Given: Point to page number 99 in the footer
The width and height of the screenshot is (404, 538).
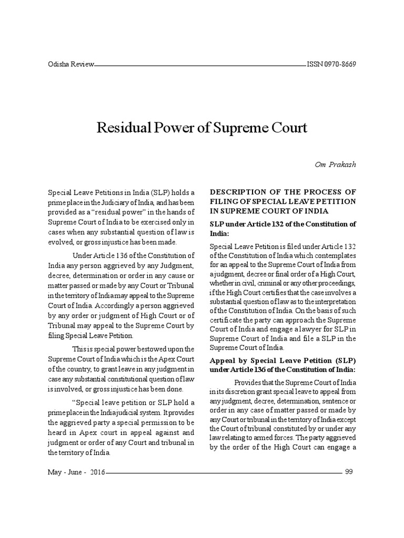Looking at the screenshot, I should (349, 471).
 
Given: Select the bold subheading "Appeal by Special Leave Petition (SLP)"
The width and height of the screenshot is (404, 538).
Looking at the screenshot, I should (283, 361).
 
